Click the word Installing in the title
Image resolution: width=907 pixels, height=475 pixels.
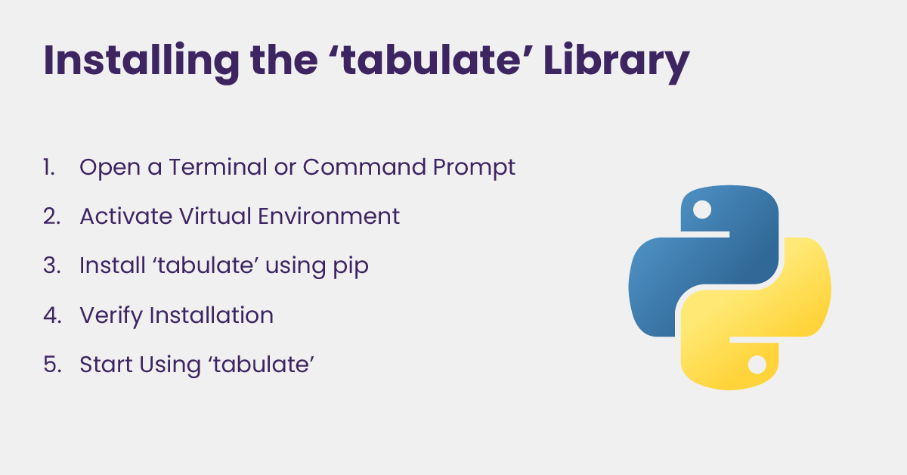point(141,61)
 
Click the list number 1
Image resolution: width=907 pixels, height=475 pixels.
point(49,167)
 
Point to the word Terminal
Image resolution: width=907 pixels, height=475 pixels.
point(218,167)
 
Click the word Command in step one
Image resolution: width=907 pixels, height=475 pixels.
point(364,167)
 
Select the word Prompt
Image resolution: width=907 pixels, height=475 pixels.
point(474,168)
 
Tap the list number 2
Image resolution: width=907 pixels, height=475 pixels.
point(52,216)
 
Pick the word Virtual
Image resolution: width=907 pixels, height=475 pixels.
point(215,216)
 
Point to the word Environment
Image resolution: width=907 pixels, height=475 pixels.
point(329,216)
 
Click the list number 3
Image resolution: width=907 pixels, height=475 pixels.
point(52,265)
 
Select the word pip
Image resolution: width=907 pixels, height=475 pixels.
point(351,267)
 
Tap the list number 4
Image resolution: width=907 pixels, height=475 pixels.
point(53,315)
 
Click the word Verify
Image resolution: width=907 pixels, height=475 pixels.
point(111,316)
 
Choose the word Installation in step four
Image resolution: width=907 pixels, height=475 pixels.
point(212,315)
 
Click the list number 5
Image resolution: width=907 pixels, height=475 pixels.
point(53,365)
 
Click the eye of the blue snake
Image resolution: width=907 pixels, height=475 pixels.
point(702,210)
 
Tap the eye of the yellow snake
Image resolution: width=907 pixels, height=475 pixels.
point(757,365)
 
